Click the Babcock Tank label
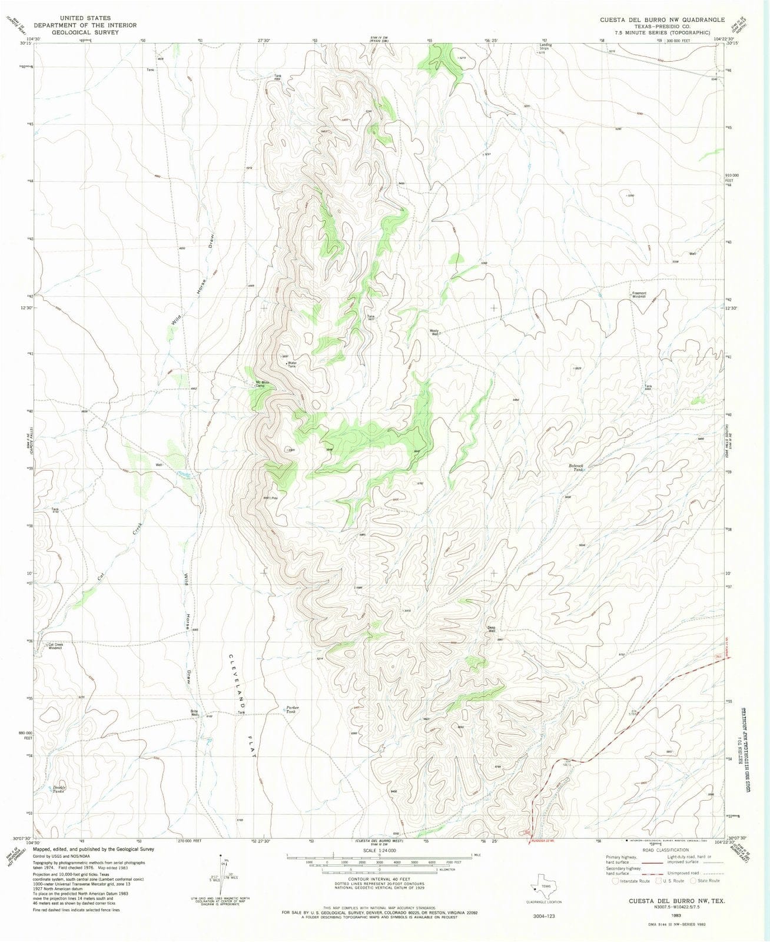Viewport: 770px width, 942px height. point(576,467)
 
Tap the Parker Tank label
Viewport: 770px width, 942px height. point(293,709)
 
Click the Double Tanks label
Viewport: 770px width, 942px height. point(59,789)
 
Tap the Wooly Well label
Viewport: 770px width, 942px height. point(434,331)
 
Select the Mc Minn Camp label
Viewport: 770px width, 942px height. point(262,384)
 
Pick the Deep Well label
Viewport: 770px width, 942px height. point(494,628)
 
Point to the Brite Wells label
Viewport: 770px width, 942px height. point(194,713)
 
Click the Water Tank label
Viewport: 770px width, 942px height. point(291,364)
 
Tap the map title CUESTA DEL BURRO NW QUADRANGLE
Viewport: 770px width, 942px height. point(662,19)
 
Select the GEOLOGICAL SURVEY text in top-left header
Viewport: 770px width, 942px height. point(85,32)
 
